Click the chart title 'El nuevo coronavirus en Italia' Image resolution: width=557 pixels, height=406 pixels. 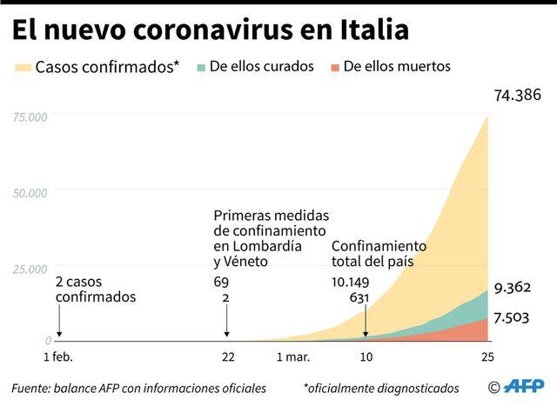[x=210, y=30]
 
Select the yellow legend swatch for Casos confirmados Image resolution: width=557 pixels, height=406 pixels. [x=23, y=67]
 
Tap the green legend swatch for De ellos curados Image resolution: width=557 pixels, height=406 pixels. [x=204, y=67]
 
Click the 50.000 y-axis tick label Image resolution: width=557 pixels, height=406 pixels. [x=30, y=192]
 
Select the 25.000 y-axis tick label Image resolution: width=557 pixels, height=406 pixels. [x=30, y=270]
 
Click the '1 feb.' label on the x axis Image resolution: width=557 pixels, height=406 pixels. [x=58, y=357]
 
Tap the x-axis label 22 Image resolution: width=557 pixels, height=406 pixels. [x=228, y=357]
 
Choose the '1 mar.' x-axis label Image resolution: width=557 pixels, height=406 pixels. [x=293, y=357]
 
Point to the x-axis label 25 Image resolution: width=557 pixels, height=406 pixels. [x=487, y=357]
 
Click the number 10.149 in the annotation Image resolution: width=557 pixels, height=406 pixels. [x=351, y=282]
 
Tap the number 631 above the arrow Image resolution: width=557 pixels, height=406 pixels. [x=359, y=297]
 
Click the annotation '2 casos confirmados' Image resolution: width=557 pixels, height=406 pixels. [x=96, y=289]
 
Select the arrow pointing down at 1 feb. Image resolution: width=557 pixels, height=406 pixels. [x=59, y=323]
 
